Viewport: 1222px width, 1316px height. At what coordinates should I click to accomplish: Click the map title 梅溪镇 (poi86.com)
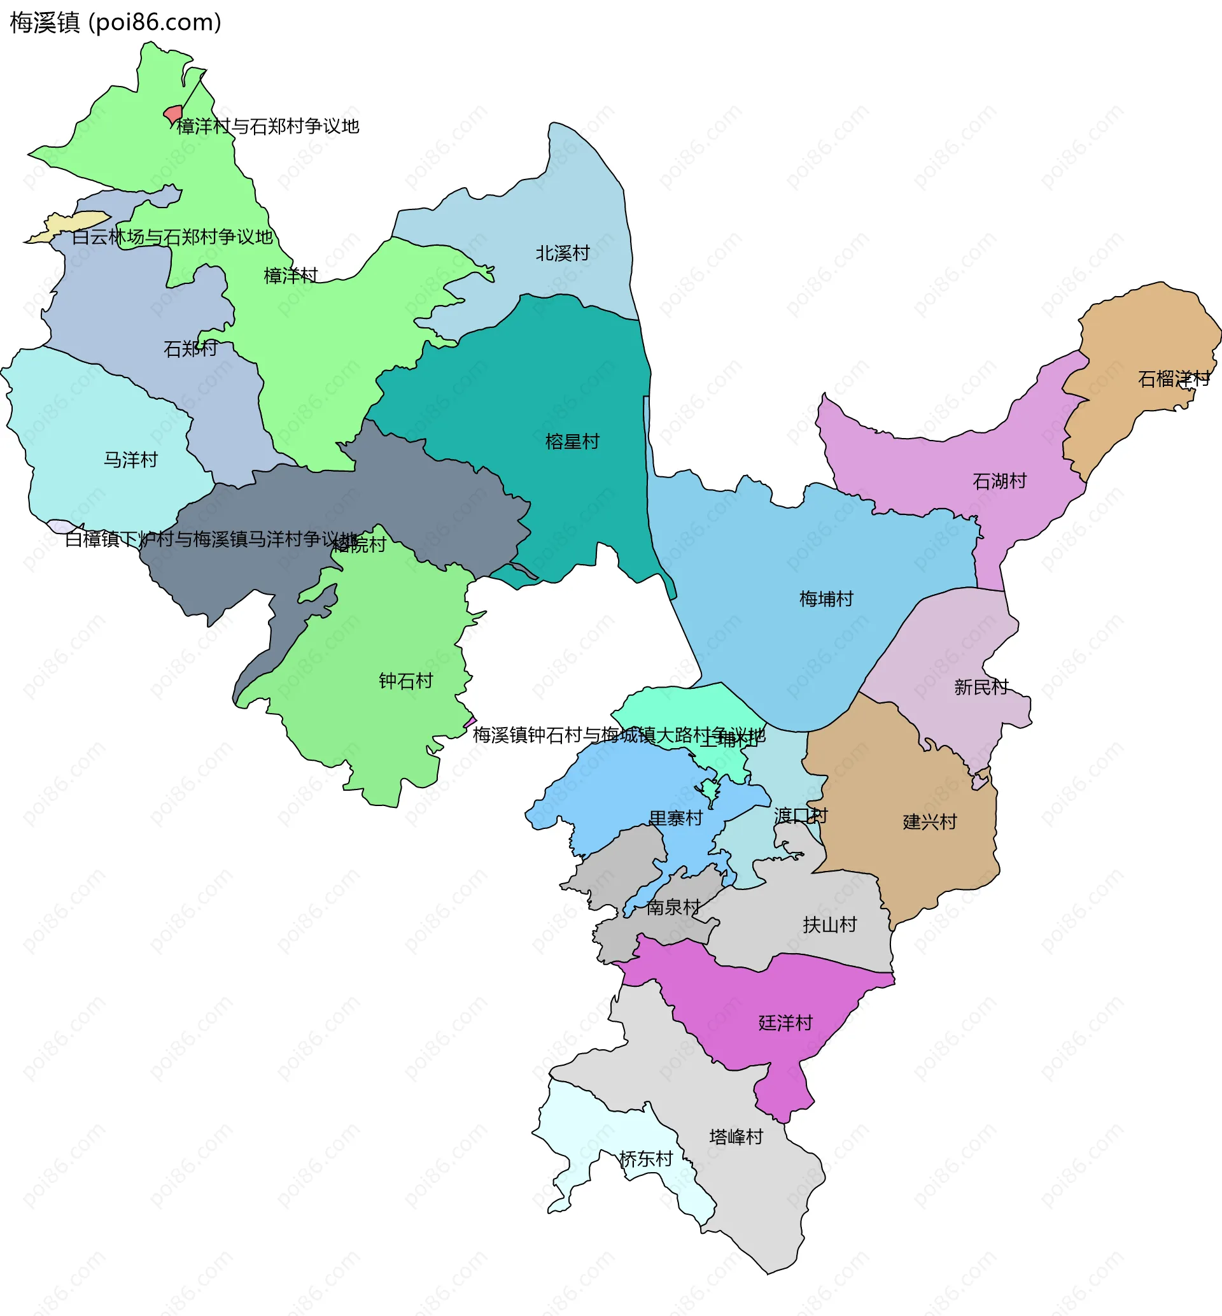click(116, 22)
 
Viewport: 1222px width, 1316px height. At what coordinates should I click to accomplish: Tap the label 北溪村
click(562, 253)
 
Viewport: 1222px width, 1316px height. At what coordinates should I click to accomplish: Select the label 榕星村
click(572, 442)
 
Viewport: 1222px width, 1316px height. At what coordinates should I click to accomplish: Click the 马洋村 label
click(131, 460)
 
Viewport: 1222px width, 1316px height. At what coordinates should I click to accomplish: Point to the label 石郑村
click(190, 349)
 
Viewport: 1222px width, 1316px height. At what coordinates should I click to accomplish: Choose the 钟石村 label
click(405, 681)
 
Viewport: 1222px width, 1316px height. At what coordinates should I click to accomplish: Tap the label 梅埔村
click(826, 599)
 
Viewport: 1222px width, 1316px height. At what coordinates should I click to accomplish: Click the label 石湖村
click(999, 481)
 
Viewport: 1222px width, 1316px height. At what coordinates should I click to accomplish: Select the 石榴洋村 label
click(1174, 379)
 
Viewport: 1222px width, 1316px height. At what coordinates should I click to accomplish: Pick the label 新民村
click(981, 688)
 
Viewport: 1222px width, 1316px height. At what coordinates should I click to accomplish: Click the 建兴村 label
click(930, 822)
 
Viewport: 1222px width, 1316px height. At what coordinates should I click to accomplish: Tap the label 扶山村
click(829, 925)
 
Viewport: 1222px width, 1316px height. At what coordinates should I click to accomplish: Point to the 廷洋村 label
click(785, 1023)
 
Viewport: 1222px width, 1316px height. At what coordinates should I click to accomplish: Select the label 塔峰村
click(736, 1137)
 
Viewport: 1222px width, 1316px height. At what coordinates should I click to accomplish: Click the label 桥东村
click(645, 1159)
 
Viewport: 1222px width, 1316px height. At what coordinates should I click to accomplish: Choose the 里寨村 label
click(675, 819)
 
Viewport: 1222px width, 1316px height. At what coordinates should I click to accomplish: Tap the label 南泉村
click(673, 907)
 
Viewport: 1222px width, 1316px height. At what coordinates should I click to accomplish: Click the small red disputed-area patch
click(173, 114)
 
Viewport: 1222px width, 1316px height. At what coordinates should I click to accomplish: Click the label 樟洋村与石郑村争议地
click(268, 126)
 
